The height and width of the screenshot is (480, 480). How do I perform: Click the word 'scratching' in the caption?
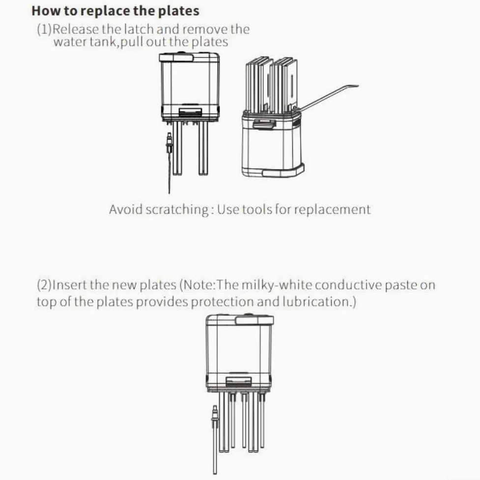coord(177,210)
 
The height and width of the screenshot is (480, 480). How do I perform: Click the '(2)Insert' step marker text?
coord(60,285)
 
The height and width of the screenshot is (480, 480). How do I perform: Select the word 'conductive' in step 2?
coord(348,285)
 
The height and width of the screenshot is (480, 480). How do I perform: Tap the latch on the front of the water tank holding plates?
coord(264,124)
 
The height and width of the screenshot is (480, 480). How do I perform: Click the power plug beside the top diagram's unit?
coord(169,143)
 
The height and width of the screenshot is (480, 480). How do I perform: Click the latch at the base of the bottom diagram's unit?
coord(239,381)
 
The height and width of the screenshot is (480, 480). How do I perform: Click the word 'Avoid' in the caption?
coord(126,210)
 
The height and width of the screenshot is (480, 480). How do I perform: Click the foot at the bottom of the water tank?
coord(283,170)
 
